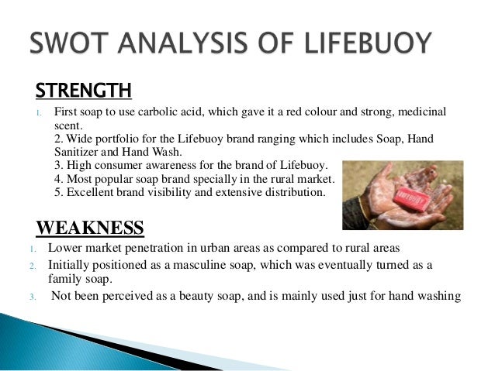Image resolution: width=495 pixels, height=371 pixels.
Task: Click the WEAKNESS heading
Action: tap(90, 228)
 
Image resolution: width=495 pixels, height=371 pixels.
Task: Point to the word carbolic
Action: tap(175, 112)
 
